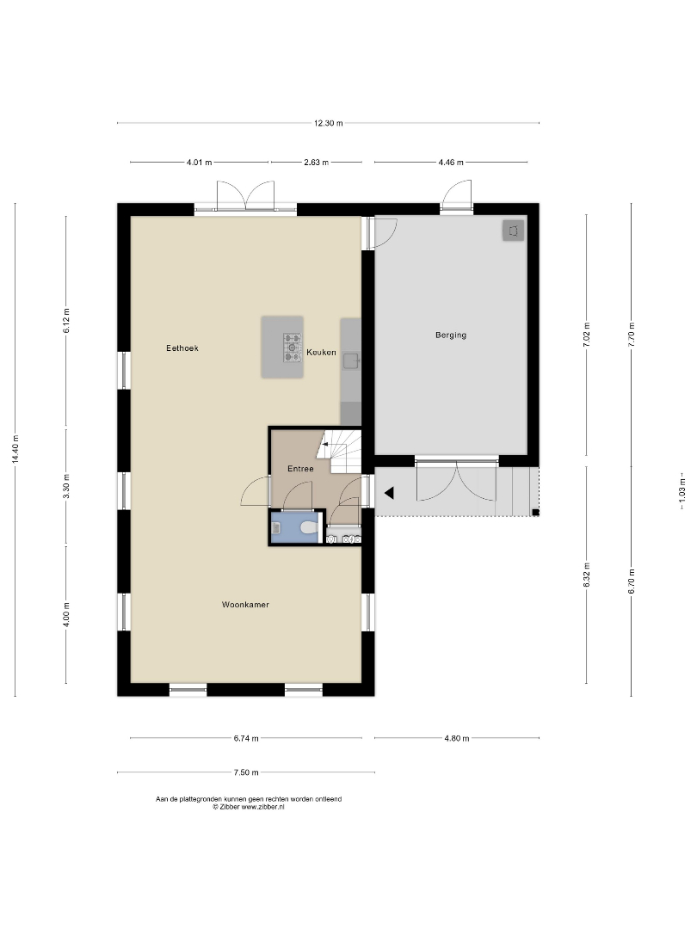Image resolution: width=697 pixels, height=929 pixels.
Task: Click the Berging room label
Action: (450, 335)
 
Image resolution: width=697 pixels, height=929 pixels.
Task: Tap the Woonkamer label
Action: (245, 605)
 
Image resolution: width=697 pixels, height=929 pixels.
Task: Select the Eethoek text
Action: (182, 348)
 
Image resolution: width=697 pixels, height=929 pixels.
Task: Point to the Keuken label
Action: (321, 353)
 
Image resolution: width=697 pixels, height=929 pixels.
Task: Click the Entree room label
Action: (300, 469)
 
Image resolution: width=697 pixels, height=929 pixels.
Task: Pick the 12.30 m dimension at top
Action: (329, 123)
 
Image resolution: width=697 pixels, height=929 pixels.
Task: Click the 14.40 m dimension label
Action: (15, 450)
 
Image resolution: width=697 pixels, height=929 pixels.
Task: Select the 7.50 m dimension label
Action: (246, 772)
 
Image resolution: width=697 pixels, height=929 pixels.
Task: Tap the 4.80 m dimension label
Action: (456, 738)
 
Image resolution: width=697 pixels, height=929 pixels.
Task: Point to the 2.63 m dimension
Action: (316, 163)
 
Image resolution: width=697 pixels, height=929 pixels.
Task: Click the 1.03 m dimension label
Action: (682, 491)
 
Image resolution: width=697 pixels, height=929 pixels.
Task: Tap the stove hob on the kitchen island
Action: (293, 348)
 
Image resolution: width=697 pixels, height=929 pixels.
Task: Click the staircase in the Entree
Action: (338, 451)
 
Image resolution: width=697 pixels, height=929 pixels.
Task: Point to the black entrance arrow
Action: (390, 492)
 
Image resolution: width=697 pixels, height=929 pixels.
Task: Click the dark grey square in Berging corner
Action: (513, 231)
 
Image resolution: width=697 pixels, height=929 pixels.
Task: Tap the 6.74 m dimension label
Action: (246, 738)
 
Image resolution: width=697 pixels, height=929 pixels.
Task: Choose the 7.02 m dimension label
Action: (587, 335)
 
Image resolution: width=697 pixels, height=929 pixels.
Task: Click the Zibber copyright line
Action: (249, 807)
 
